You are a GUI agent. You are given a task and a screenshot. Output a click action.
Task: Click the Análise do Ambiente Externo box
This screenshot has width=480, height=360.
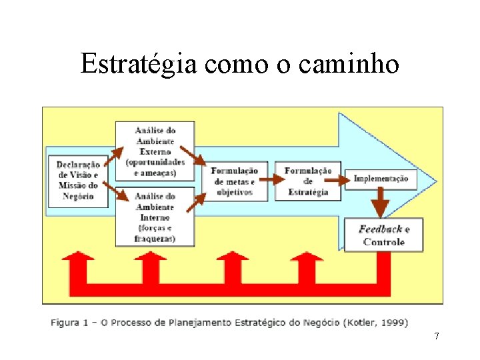(x=155, y=151)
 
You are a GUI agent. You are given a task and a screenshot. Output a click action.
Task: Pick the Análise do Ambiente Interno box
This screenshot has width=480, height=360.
(x=155, y=217)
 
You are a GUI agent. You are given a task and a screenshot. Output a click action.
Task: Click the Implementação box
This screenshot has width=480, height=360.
(x=381, y=179)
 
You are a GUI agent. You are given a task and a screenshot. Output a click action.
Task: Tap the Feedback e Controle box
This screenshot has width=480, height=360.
(x=384, y=235)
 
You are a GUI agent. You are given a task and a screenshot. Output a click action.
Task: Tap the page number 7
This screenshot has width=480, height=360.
(x=437, y=336)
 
